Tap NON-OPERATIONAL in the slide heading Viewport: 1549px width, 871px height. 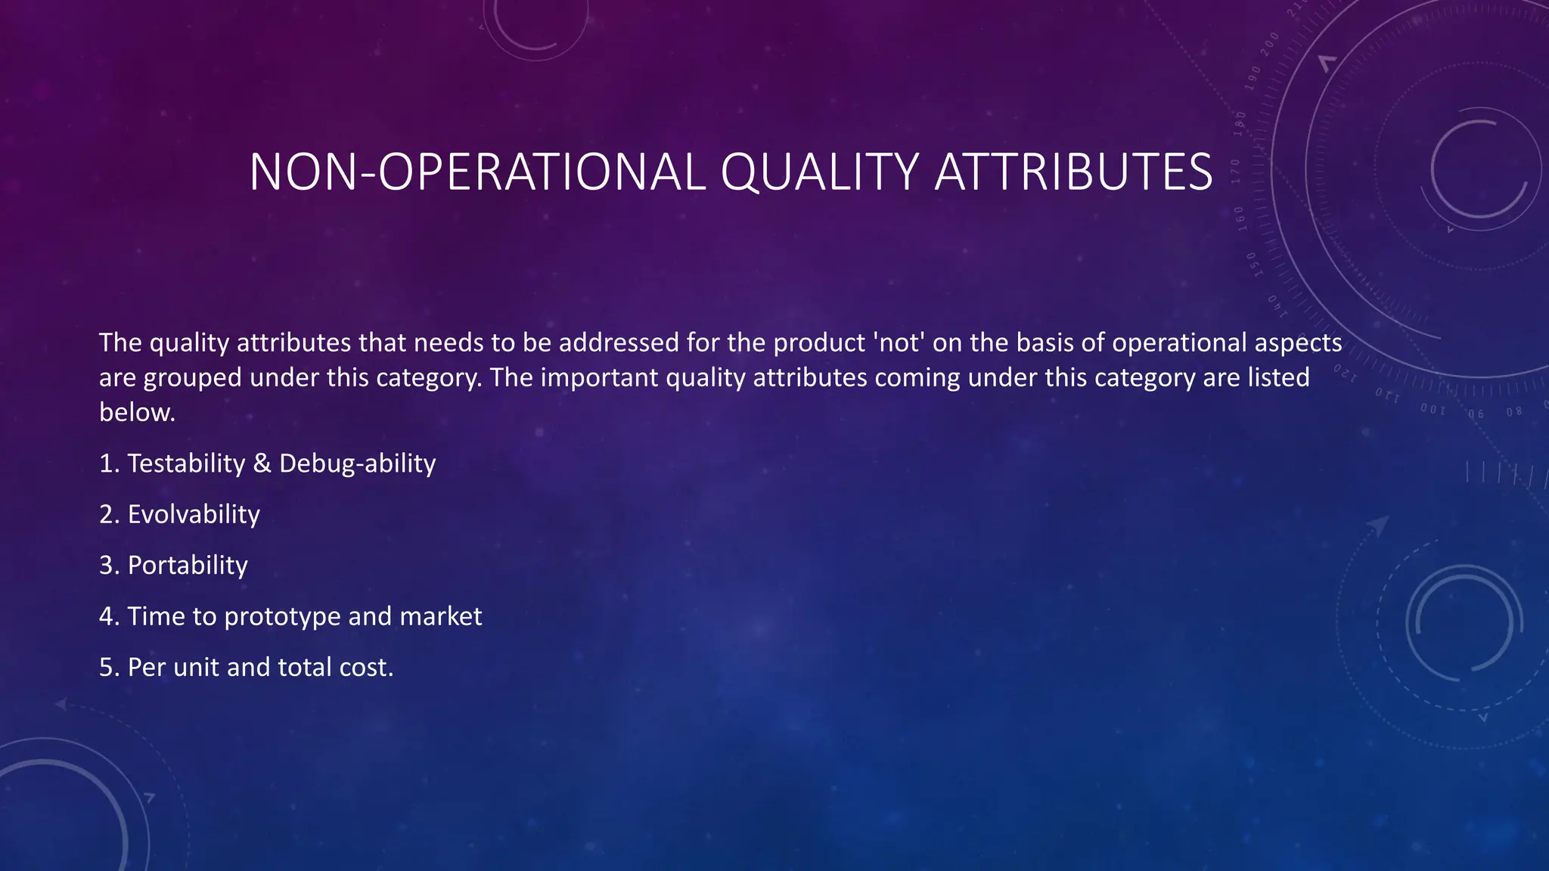(476, 173)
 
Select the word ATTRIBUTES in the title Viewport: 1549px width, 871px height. (1073, 173)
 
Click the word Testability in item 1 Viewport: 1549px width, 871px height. (186, 463)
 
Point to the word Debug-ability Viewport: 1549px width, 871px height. (357, 463)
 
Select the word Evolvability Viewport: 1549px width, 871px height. (194, 515)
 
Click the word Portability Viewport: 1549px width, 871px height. (188, 566)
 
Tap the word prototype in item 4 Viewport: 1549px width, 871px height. (282, 617)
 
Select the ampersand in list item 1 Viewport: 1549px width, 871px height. (262, 463)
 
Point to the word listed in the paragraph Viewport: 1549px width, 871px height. (1278, 378)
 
